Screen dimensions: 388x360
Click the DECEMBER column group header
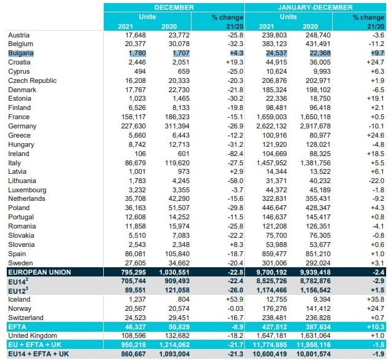coord(174,7)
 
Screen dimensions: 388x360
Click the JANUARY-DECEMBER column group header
coord(315,7)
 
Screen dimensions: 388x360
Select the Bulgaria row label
coord(21,53)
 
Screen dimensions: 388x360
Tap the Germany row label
coord(22,127)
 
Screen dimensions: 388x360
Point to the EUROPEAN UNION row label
coord(39,272)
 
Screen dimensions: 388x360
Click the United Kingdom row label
coord(33,336)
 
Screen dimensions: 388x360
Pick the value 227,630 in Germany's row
coord(133,127)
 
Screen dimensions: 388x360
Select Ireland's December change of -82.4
coord(235,154)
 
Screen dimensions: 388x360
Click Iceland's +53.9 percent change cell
coord(235,299)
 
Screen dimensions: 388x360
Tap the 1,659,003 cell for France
coord(271,117)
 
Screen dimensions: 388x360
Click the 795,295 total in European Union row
coord(133,272)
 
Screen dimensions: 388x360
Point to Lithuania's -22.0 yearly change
coord(376,181)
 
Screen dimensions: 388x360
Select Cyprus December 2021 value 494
coord(140,71)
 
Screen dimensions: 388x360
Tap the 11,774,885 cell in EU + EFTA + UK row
coord(270,345)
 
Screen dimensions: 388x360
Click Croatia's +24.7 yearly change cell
coord(375,63)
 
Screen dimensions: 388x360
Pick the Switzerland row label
coord(26,318)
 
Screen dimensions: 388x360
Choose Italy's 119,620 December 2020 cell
coord(177,163)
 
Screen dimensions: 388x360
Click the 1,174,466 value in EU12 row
coord(272,290)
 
